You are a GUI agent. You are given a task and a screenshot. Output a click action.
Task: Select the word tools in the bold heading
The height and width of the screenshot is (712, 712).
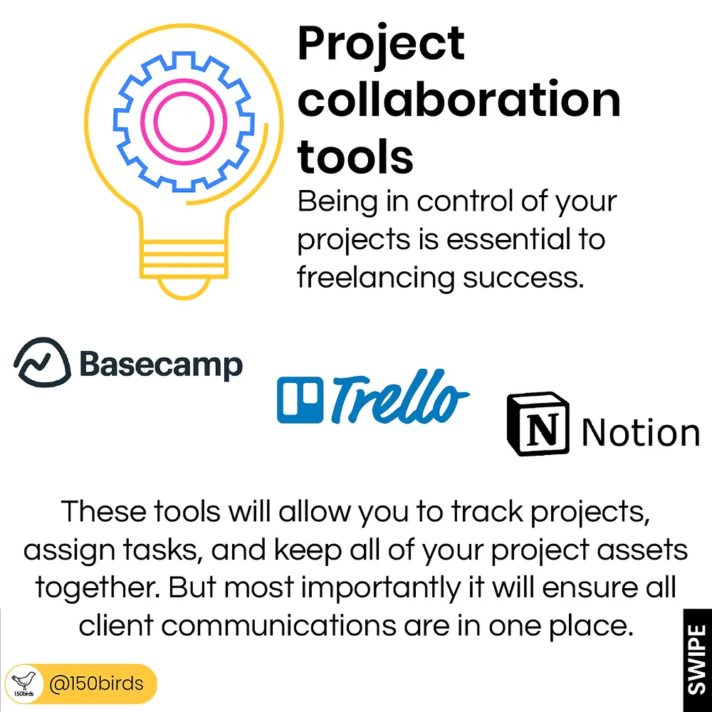point(355,155)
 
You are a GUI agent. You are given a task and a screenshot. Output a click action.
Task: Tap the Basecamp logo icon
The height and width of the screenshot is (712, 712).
point(42,362)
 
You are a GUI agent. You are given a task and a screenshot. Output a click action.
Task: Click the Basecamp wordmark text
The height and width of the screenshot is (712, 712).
point(161,365)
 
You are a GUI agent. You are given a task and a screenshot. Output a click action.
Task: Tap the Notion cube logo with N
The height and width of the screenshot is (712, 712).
point(538,424)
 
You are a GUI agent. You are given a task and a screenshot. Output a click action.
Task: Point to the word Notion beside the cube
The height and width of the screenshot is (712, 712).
point(640,432)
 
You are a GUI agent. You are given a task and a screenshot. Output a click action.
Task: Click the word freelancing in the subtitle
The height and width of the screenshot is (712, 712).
point(375,278)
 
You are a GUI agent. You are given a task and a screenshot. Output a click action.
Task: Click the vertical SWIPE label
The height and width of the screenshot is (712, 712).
point(698,659)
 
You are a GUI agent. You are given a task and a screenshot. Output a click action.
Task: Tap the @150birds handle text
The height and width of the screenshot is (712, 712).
point(96,684)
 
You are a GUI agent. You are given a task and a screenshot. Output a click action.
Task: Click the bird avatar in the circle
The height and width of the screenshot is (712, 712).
point(22,684)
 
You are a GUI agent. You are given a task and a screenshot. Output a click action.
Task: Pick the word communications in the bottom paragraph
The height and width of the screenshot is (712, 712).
point(278,626)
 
